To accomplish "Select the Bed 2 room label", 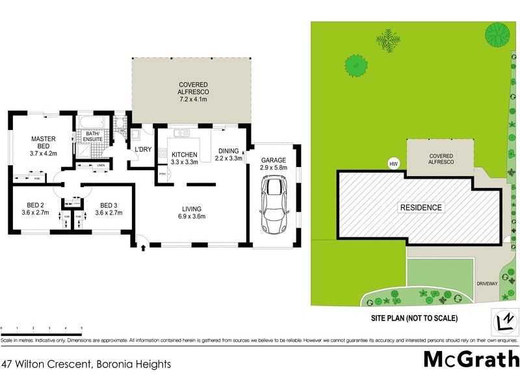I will pyautogui.click(x=31, y=203).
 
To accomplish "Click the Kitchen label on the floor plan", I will pyautogui.click(x=184, y=155).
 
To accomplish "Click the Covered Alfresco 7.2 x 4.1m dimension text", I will pyautogui.click(x=192, y=99).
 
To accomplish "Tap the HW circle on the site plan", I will pyautogui.click(x=393, y=164).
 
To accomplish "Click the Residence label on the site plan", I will pyautogui.click(x=421, y=208).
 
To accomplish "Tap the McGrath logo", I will pyautogui.click(x=471, y=359).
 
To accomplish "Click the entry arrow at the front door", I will pyautogui.click(x=143, y=247).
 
